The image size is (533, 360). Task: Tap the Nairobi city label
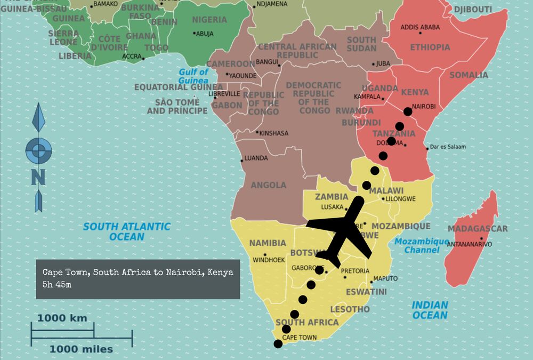[424, 106]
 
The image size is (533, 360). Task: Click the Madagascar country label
[478, 229]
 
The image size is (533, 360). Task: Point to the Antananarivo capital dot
[481, 238]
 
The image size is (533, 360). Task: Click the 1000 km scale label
[62, 318]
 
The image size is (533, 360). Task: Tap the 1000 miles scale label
[81, 349]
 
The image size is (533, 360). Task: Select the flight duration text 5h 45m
[57, 285]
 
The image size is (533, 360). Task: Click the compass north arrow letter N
[38, 177]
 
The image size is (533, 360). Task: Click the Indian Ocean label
[430, 310]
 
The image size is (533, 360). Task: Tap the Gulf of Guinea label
[193, 76]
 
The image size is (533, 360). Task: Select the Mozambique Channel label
[422, 245]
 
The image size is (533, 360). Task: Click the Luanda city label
[256, 158]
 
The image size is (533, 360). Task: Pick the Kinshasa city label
[273, 133]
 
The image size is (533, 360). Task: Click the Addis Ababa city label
[420, 27]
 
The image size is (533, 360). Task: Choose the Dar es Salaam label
[448, 147]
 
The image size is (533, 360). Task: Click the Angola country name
[268, 185]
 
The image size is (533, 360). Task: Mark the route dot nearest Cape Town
[278, 344]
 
